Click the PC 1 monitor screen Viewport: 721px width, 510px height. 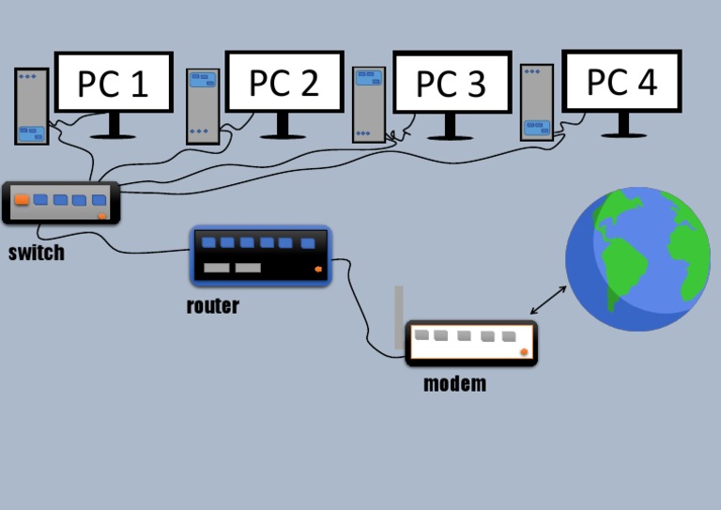[x=114, y=82]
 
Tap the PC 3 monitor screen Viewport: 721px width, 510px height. [x=452, y=83]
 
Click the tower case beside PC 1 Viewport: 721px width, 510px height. [x=32, y=105]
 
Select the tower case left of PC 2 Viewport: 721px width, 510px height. [x=202, y=106]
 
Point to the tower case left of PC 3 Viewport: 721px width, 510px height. [x=369, y=103]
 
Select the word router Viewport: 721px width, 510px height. [x=212, y=305]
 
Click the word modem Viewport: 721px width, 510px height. [x=455, y=383]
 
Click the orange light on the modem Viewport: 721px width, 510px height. [x=524, y=352]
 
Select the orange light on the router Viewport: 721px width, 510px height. [x=317, y=271]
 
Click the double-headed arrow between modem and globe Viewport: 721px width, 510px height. [x=549, y=300]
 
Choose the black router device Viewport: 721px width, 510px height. [x=260, y=255]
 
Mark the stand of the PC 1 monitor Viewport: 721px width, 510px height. [x=115, y=126]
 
